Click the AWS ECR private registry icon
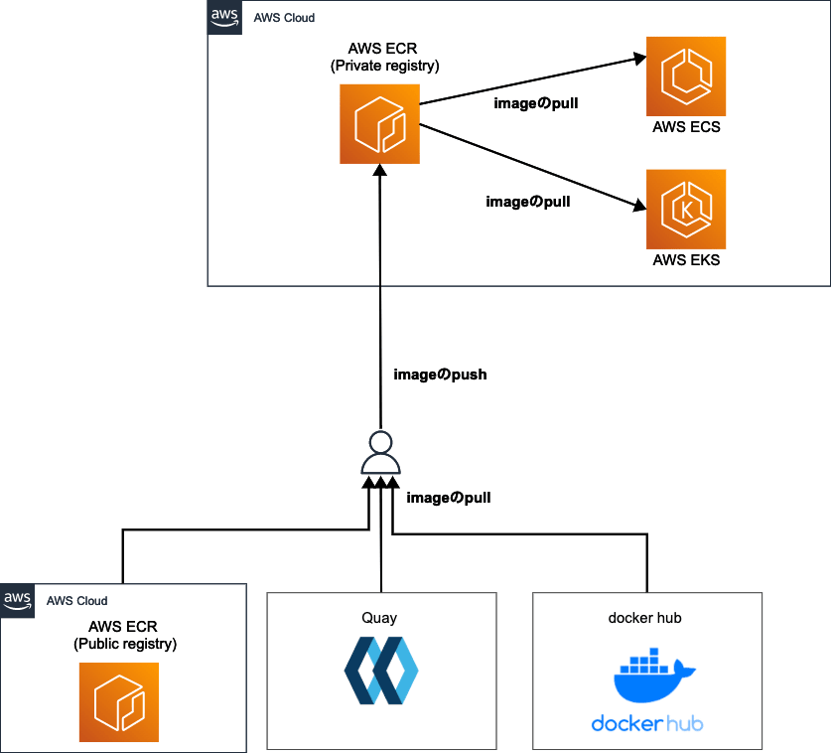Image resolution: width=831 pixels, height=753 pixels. tap(379, 124)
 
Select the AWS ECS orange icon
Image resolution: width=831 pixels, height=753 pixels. tap(686, 76)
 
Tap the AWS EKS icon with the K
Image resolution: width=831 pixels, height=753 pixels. tap(686, 209)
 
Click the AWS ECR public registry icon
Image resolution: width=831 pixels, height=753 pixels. tap(119, 702)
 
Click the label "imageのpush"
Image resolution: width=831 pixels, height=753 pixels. tap(440, 376)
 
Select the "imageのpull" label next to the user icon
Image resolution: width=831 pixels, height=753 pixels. tap(449, 497)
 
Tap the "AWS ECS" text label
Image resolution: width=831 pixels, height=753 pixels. tap(686, 128)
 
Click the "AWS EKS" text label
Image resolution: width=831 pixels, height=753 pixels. tap(686, 260)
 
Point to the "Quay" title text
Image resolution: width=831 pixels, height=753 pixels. tap(379, 617)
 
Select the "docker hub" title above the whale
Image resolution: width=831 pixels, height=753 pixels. tap(645, 617)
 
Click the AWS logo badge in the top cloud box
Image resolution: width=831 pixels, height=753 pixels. tap(224, 18)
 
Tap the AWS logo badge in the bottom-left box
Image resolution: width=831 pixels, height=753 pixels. tap(18, 600)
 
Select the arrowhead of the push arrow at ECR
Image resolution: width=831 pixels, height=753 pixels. tap(379, 171)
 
